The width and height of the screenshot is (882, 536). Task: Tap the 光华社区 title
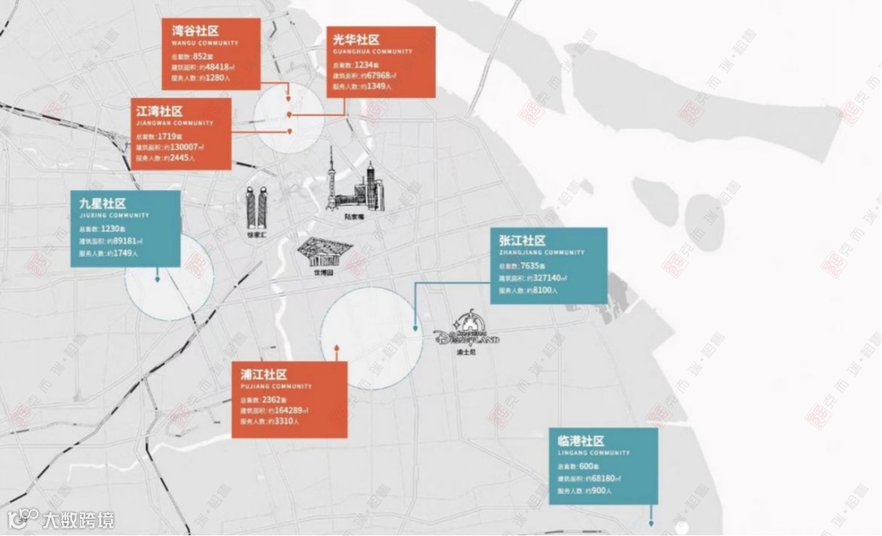[357, 40]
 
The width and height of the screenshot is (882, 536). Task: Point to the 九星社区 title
[103, 203]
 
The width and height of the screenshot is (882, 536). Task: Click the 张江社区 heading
[522, 240]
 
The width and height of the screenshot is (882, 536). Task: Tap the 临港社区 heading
[576, 440]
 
